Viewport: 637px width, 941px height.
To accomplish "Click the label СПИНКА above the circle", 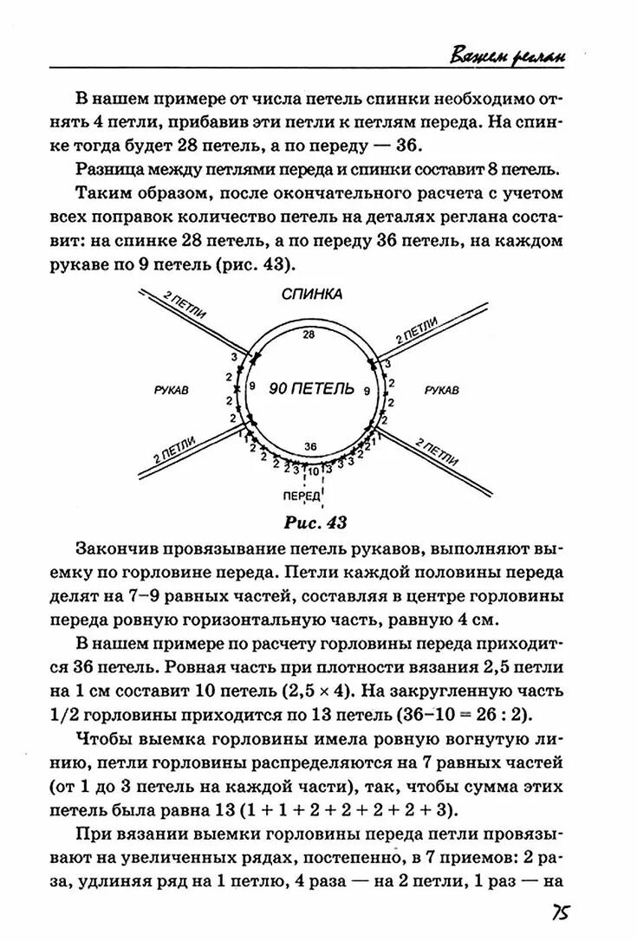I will (x=312, y=294).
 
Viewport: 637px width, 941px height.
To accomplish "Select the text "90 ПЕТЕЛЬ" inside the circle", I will (x=311, y=388).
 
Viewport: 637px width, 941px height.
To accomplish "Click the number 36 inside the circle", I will (x=311, y=445).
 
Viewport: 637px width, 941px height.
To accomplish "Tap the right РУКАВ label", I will (x=442, y=391).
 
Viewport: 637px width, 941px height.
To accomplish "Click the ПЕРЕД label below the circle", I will (x=301, y=496).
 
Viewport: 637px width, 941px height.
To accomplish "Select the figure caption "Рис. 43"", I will (x=315, y=522).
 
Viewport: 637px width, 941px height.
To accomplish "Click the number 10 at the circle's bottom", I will (x=312, y=471).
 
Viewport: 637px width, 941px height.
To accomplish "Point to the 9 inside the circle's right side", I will (x=367, y=393).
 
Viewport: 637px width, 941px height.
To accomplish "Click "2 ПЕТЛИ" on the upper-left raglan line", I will (x=185, y=309).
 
